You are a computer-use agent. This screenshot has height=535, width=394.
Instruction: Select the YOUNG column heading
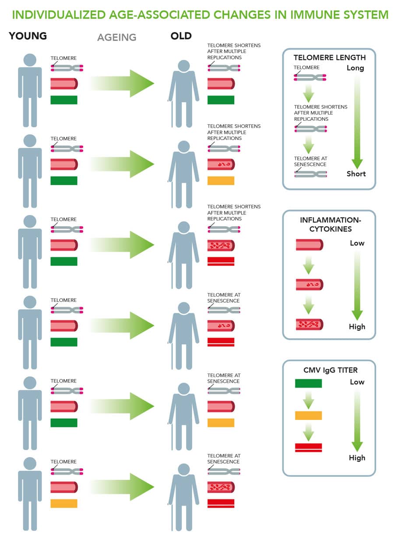tap(28, 36)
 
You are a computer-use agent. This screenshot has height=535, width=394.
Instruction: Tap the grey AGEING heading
tap(117, 37)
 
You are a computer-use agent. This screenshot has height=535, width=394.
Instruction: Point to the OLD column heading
tap(181, 36)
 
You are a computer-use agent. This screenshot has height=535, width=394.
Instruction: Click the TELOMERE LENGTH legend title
tap(329, 57)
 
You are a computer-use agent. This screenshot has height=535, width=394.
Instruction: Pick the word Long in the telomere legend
tap(355, 68)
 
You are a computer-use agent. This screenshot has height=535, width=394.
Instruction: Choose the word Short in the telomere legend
tap(355, 174)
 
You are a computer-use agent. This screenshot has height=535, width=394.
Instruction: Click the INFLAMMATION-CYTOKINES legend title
tap(329, 224)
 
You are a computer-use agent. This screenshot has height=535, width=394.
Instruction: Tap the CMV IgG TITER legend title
tap(330, 370)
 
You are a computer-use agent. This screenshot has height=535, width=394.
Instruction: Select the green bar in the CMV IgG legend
tap(308, 384)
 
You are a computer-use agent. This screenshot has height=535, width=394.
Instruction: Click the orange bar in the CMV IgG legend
tap(308, 416)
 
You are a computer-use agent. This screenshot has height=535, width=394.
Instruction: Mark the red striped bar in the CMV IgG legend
tap(308, 448)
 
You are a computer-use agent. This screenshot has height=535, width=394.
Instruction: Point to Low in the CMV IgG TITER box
tap(357, 382)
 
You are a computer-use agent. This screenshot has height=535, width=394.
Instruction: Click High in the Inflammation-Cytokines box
tap(357, 326)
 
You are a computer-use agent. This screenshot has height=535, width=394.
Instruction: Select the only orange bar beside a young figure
tap(64, 504)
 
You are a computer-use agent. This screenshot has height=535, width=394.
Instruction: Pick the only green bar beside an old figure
tap(221, 100)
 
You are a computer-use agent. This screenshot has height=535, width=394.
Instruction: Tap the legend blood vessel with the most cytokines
tap(310, 325)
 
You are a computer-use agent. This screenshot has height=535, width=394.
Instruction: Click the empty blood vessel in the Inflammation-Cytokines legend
tap(310, 245)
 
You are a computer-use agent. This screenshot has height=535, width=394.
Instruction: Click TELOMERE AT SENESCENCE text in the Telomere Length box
tap(310, 161)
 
